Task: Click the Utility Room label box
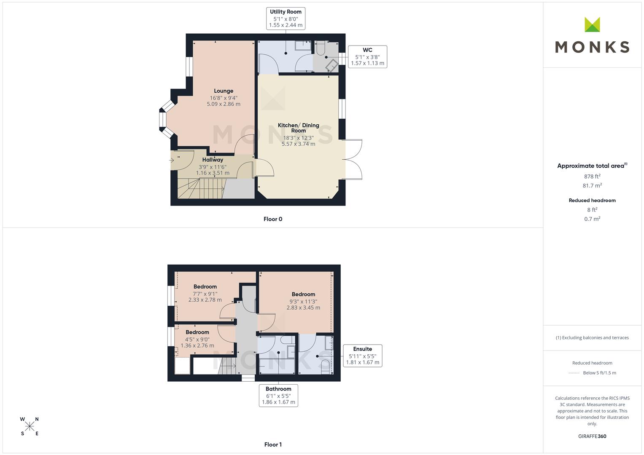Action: [286, 19]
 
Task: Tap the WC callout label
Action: [367, 56]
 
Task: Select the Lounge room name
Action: [223, 91]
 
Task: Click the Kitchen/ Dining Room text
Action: [298, 128]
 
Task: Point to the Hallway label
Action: [213, 160]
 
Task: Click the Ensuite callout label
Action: [362, 356]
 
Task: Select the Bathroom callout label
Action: [278, 395]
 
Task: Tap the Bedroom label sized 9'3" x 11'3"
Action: [303, 294]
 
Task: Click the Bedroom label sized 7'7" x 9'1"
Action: [205, 287]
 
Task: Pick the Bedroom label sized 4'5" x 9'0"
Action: [197, 332]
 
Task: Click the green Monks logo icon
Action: [592, 25]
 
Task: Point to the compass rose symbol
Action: [30, 426]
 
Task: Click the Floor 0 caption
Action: [273, 219]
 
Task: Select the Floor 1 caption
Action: [273, 444]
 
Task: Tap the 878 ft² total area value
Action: [592, 177]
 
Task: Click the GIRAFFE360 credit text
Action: [592, 436]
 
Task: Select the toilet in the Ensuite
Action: [326, 365]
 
